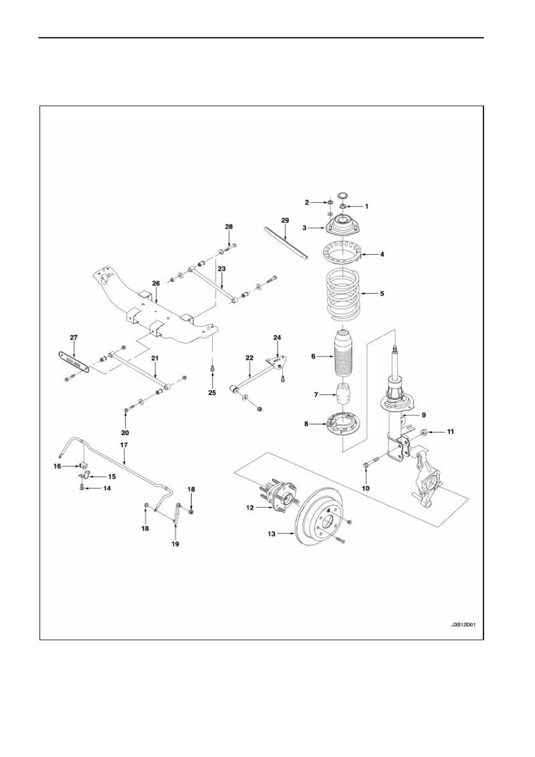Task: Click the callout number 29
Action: (x=285, y=220)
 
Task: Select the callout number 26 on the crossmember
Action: (x=156, y=283)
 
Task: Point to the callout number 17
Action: (x=124, y=444)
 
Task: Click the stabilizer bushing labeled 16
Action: (x=83, y=466)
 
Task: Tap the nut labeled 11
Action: (x=422, y=431)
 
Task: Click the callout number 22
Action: (x=250, y=357)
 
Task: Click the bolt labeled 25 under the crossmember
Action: (x=212, y=368)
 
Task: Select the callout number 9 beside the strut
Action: (x=423, y=414)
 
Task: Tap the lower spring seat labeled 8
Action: (x=343, y=423)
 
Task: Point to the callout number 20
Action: (x=125, y=433)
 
